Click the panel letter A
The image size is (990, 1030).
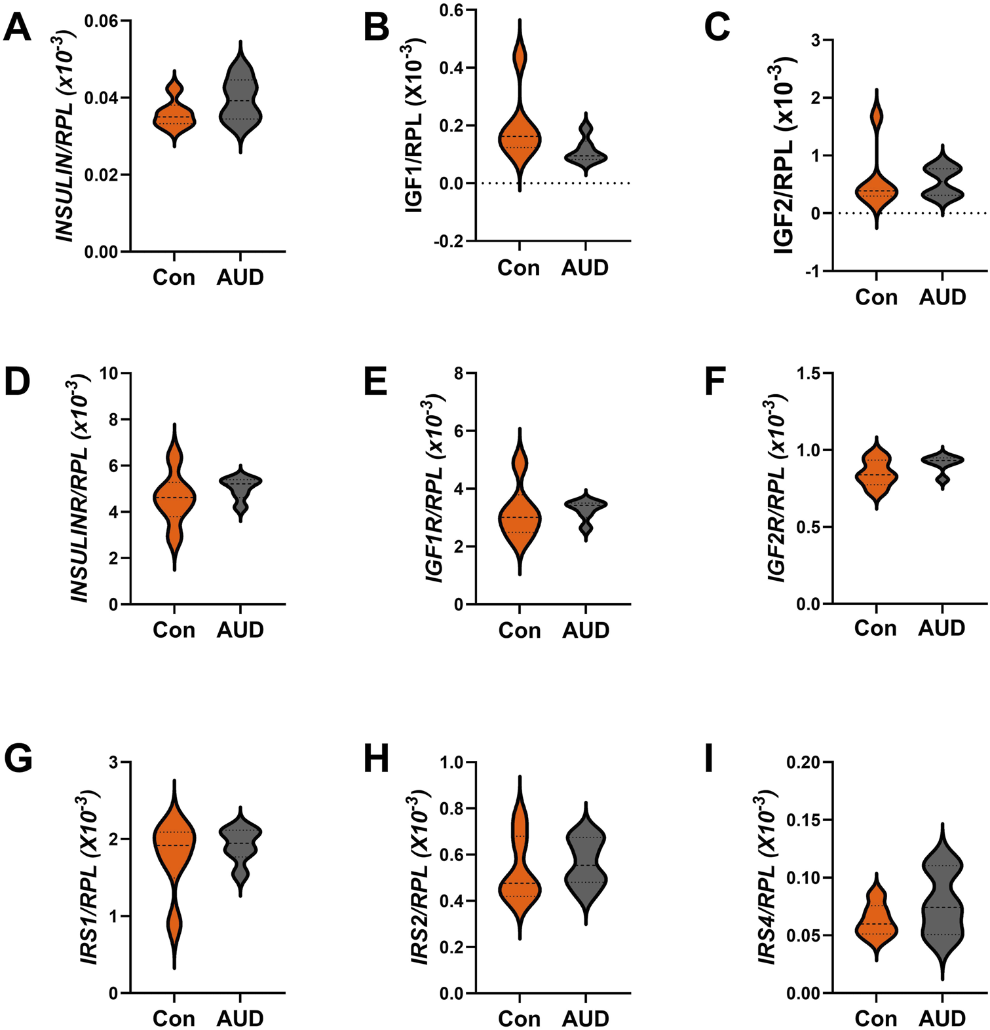click(17, 29)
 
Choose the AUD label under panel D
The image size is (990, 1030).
click(240, 630)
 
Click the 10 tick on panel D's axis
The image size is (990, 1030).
click(110, 374)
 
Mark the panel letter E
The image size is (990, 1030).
click(375, 382)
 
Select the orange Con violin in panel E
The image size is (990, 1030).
click(520, 517)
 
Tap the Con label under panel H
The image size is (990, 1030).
click(520, 1018)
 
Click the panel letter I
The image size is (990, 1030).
click(709, 759)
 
